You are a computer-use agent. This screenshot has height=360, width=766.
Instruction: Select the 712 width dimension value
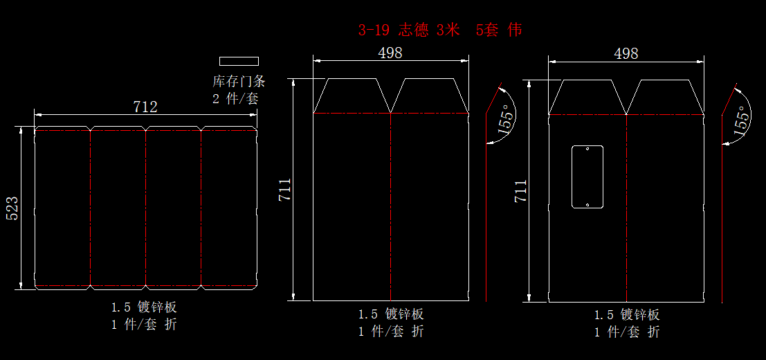pos(145,107)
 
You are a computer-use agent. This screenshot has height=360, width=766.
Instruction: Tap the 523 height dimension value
pos(12,208)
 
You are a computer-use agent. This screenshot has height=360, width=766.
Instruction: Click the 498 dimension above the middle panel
pos(390,53)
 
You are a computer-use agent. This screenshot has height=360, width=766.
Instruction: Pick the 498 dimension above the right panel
pos(626,53)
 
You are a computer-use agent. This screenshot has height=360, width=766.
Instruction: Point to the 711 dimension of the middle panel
pos(284,190)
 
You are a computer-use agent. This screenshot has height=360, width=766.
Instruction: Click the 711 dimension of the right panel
pos(520,191)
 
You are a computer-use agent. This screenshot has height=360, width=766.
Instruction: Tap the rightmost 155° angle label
pos(742,120)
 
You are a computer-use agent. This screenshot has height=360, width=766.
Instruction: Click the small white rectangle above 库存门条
pos(239,61)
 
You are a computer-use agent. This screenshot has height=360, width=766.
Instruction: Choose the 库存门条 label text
pos(239,81)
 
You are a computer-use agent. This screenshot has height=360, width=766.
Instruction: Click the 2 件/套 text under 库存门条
pos(235,98)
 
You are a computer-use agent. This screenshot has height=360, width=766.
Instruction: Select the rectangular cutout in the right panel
pos(587,177)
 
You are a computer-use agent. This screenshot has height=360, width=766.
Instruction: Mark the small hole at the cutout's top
pos(587,149)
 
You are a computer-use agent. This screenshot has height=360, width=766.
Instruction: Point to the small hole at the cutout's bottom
pos(587,204)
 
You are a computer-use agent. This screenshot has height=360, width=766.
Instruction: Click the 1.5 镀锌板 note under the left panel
pos(145,307)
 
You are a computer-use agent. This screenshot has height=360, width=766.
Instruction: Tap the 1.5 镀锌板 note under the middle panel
pos(390,314)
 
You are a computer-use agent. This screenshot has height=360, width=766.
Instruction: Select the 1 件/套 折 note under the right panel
pos(627,332)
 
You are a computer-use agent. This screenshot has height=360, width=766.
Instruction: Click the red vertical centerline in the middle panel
pos(391,208)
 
